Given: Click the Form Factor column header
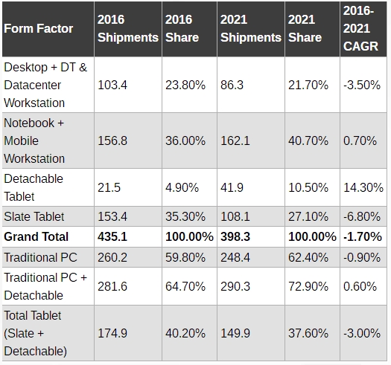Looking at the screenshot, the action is [x=39, y=29].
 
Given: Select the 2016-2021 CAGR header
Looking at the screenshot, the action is [x=360, y=28].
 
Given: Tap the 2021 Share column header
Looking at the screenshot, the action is [x=305, y=28].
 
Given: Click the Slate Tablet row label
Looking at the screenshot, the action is [x=34, y=216].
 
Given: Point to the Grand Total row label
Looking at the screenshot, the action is [x=36, y=236].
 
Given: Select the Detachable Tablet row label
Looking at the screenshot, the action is [x=34, y=187].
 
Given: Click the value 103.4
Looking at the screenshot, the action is [x=112, y=85].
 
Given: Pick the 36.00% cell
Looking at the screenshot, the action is [x=185, y=140].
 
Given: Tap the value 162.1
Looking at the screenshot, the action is [x=235, y=140].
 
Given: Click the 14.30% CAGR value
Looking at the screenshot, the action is [x=363, y=187].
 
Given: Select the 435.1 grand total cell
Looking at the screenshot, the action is [x=112, y=236].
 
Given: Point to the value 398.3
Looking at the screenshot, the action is [x=235, y=236].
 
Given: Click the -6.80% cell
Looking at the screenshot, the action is [x=362, y=216].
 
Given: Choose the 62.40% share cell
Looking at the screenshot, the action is [x=308, y=257].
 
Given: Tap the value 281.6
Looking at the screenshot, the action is [x=112, y=286].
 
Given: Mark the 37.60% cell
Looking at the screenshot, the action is [x=308, y=333].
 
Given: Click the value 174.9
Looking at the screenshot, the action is [x=112, y=333].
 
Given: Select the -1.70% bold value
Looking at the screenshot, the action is [x=363, y=236].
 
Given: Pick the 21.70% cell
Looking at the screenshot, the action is [x=308, y=85].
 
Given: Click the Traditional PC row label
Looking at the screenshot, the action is [x=40, y=257].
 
